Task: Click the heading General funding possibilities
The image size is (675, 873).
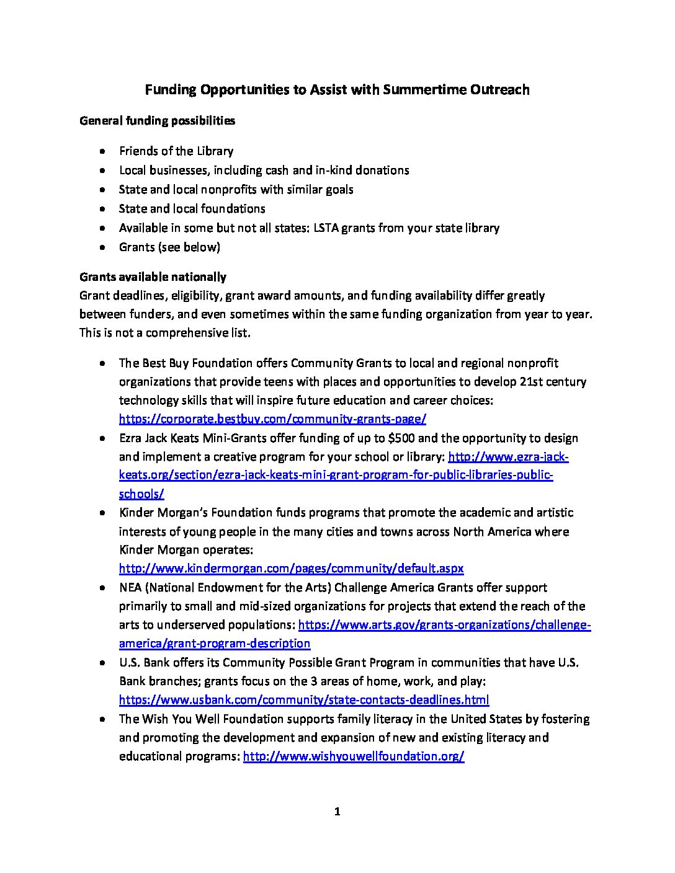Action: click(x=157, y=121)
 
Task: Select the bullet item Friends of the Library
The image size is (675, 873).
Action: click(x=176, y=151)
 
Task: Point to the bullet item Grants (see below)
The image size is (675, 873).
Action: click(x=169, y=247)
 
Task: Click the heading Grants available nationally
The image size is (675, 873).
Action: click(x=153, y=277)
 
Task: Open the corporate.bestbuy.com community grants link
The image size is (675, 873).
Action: click(x=272, y=419)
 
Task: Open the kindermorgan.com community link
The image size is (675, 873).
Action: click(x=291, y=569)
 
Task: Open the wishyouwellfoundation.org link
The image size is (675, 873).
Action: click(x=354, y=756)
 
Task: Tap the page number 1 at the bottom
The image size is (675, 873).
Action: click(x=337, y=812)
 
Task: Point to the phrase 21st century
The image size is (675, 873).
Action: click(x=552, y=382)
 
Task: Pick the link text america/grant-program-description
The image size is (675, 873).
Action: click(x=215, y=644)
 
